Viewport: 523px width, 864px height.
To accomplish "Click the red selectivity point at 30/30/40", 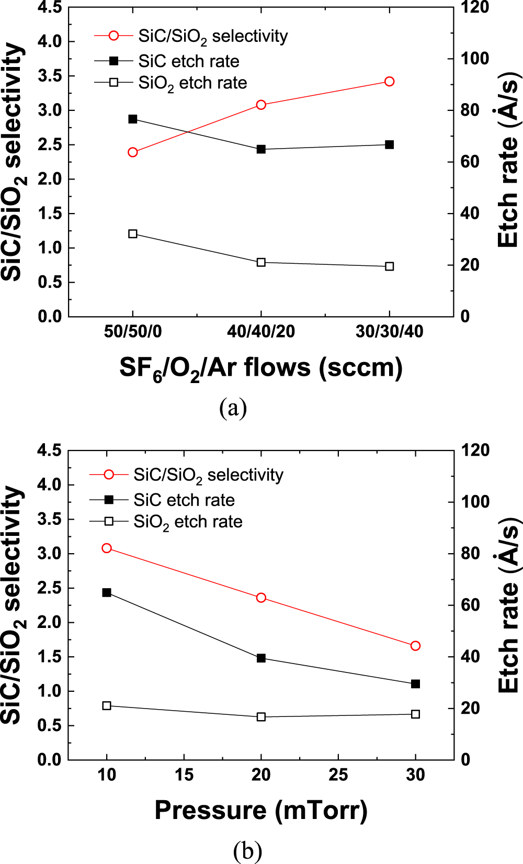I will pyautogui.click(x=389, y=82).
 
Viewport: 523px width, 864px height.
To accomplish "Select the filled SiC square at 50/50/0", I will pyautogui.click(x=133, y=119).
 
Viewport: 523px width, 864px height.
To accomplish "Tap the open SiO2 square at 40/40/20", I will pyautogui.click(x=261, y=262).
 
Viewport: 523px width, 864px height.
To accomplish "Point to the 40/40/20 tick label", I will pyautogui.click(x=261, y=331).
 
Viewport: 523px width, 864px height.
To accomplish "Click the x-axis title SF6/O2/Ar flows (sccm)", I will pyautogui.click(x=261, y=368).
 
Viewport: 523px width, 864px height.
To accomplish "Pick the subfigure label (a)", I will pyautogui.click(x=233, y=407).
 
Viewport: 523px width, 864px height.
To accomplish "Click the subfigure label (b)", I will pyautogui.click(x=247, y=851).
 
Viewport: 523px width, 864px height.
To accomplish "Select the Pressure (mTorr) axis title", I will pyautogui.click(x=261, y=811).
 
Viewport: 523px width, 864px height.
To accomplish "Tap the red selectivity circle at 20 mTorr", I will pyautogui.click(x=261, y=598).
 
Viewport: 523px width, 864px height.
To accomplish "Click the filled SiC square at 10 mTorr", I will pyautogui.click(x=107, y=593).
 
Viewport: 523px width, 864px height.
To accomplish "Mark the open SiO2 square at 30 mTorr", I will pyautogui.click(x=415, y=714).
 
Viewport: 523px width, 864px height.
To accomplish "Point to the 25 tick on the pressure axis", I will pyautogui.click(x=338, y=775).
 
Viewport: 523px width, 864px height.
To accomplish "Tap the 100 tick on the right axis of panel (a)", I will pyautogui.click(x=474, y=59).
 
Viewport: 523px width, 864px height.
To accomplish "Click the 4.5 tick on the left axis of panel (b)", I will pyautogui.click(x=50, y=450).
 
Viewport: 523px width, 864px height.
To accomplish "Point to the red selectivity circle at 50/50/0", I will pyautogui.click(x=133, y=152).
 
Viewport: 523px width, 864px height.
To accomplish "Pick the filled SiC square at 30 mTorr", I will pyautogui.click(x=415, y=684).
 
